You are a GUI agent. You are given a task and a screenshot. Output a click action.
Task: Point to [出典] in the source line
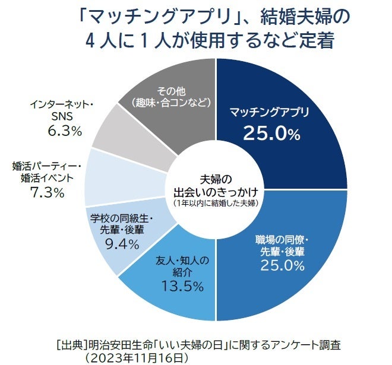[70, 344]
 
